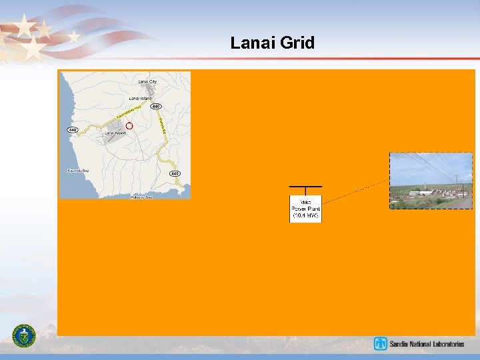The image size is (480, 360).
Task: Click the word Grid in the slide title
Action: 297,43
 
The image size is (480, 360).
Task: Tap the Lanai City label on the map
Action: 147,81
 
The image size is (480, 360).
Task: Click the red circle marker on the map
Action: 129,125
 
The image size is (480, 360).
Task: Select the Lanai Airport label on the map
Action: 115,133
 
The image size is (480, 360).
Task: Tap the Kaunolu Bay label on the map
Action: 78,171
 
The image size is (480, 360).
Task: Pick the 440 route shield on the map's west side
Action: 73,129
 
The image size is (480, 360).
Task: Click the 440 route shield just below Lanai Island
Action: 155,107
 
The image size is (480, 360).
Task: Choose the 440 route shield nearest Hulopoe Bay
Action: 174,173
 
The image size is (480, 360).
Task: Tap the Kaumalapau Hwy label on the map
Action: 128,113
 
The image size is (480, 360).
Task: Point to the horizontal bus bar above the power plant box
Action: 305,187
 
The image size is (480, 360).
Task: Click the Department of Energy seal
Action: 25,335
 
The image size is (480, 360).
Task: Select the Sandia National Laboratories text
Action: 427,344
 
